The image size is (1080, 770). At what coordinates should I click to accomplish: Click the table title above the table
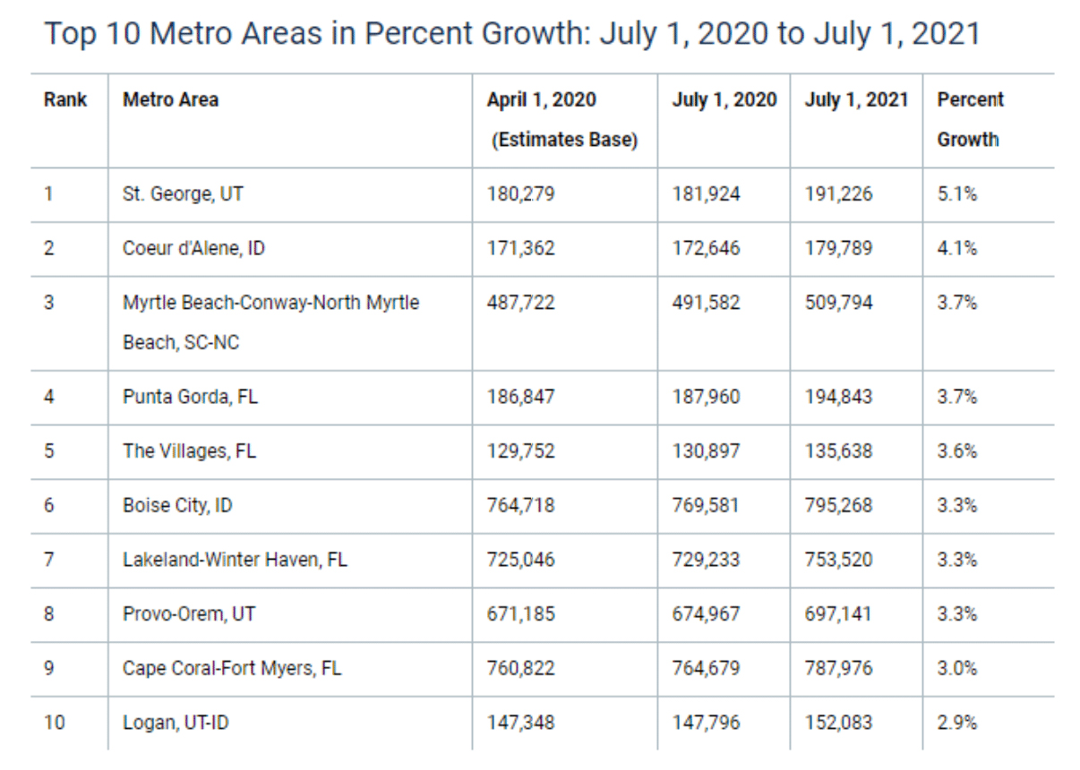tap(511, 34)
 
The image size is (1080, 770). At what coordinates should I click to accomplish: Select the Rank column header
tap(65, 99)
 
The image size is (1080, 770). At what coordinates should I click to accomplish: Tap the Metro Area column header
tap(170, 99)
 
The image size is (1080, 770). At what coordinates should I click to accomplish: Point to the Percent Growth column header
tap(970, 119)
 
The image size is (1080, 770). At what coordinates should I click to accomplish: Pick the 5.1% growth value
tap(956, 193)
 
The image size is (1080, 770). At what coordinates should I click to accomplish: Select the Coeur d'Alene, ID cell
tap(193, 248)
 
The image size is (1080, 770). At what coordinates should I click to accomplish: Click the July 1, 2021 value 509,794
tap(838, 303)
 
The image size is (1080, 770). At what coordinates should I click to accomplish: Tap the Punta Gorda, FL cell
tap(190, 396)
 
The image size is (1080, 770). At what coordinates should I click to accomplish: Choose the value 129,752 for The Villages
tap(520, 450)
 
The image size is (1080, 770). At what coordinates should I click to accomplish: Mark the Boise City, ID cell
tap(177, 505)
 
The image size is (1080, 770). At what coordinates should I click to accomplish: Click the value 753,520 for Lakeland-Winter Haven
tap(838, 560)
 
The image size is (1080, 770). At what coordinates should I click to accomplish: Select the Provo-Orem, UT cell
tap(187, 614)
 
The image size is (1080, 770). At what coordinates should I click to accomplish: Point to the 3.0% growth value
tap(956, 669)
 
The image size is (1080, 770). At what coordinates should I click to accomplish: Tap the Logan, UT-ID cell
tap(176, 722)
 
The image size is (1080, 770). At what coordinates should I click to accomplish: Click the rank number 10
tap(55, 722)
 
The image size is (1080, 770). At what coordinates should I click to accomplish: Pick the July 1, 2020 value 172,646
tap(706, 248)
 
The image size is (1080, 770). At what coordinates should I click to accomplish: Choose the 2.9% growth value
tap(956, 722)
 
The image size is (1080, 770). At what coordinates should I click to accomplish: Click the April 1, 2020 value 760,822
tap(520, 669)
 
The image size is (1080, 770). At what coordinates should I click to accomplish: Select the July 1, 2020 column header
tap(724, 99)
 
